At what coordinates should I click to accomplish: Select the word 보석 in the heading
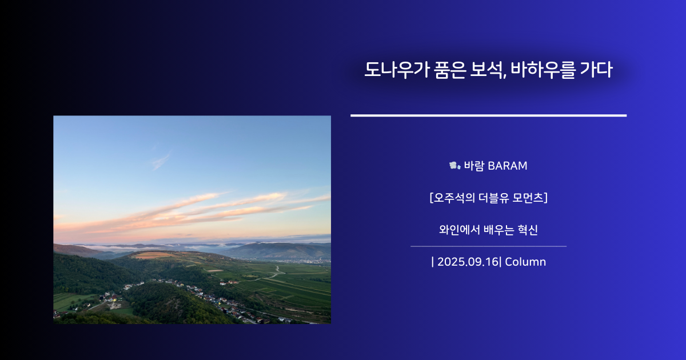[x=486, y=70]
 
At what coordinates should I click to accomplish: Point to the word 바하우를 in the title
[x=543, y=70]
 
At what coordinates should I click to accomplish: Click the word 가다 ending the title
[x=596, y=70]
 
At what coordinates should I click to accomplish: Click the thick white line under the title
[x=488, y=115]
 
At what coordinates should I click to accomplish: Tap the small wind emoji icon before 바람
[x=455, y=166]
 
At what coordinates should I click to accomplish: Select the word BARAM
[x=508, y=166]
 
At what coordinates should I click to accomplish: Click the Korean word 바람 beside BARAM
[x=474, y=166]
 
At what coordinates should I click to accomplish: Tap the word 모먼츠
[x=528, y=198]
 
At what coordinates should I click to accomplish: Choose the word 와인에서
[x=460, y=230]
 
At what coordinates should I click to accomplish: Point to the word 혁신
[x=527, y=230]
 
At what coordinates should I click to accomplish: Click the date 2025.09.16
[x=468, y=262]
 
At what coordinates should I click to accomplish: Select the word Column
[x=525, y=262]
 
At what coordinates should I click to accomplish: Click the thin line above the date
[x=488, y=246]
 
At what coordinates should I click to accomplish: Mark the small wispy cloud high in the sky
[x=161, y=161]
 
